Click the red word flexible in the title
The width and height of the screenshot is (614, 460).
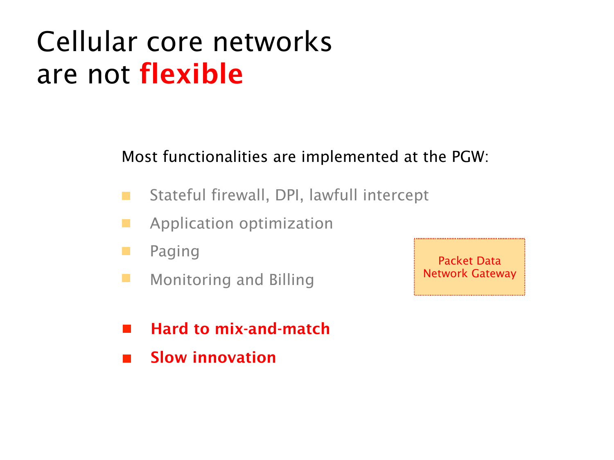[x=191, y=73]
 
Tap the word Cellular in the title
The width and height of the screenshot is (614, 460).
[x=87, y=41]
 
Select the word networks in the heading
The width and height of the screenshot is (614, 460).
[x=272, y=41]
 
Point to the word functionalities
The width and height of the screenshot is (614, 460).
[x=215, y=156]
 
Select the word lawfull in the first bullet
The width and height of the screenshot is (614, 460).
[x=333, y=195]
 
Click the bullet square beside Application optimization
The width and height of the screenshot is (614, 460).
[x=126, y=223]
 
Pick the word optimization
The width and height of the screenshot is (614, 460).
[x=286, y=224]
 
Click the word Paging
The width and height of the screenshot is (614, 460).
[x=174, y=251]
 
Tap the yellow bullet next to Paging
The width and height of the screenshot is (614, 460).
[x=126, y=251]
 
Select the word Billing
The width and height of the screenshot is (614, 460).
[x=291, y=280]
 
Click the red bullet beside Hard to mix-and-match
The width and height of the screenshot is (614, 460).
[x=127, y=328]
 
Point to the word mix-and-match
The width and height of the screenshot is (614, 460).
[x=272, y=328]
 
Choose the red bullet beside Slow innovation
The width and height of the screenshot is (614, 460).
[x=127, y=358]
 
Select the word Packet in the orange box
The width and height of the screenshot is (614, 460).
[x=456, y=260]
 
